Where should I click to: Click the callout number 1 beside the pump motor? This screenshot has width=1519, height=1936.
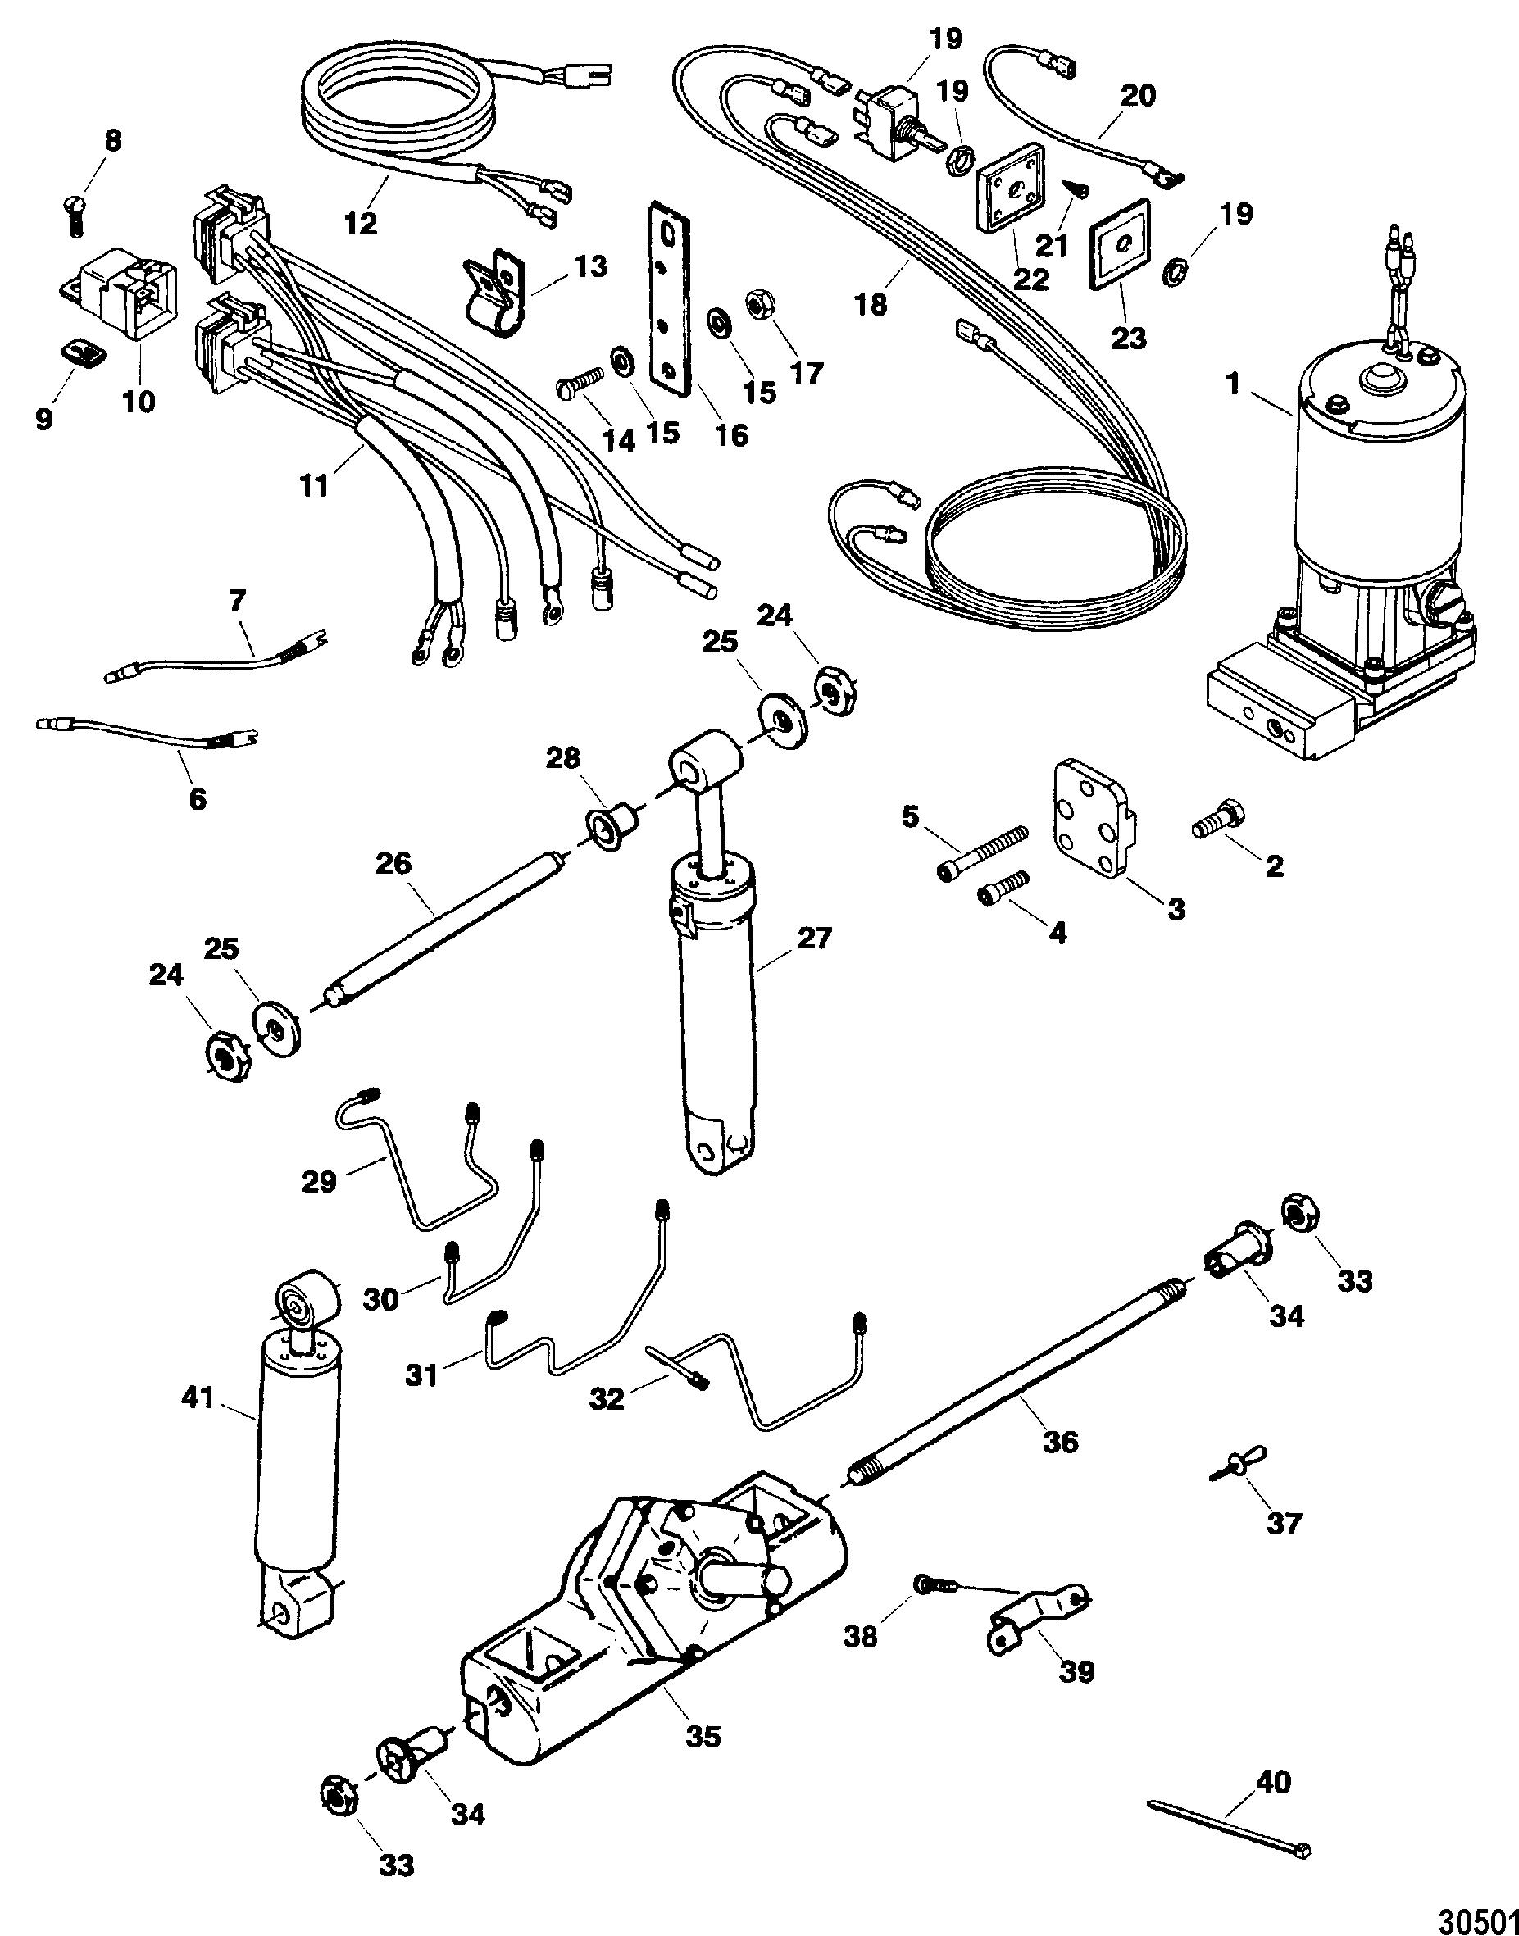click(x=1232, y=386)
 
